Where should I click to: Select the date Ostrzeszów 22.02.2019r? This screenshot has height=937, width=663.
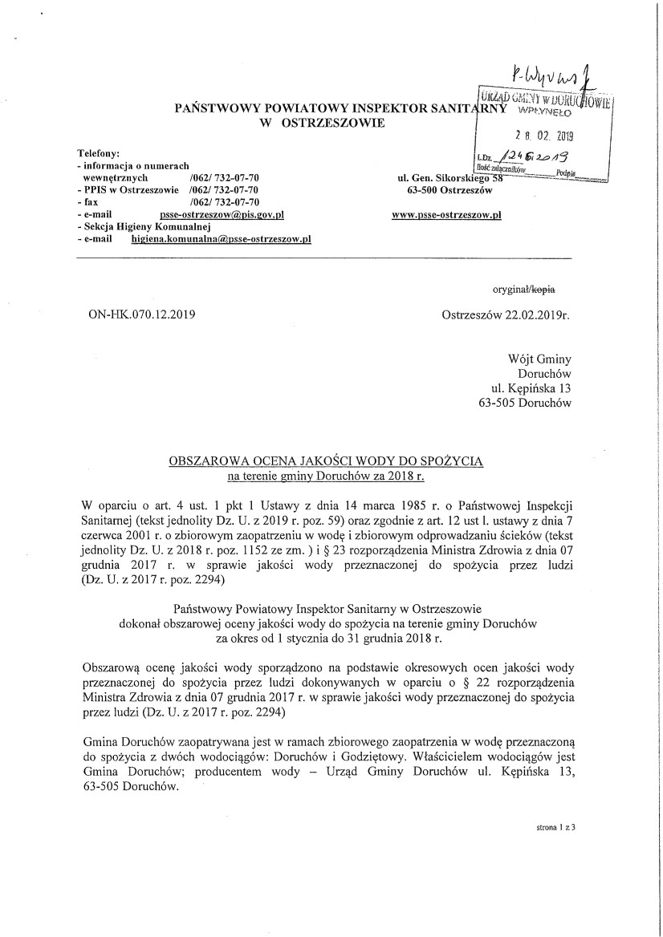point(506,315)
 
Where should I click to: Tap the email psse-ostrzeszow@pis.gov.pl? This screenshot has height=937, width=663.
point(222,215)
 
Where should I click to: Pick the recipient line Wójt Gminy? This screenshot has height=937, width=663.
point(539,359)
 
